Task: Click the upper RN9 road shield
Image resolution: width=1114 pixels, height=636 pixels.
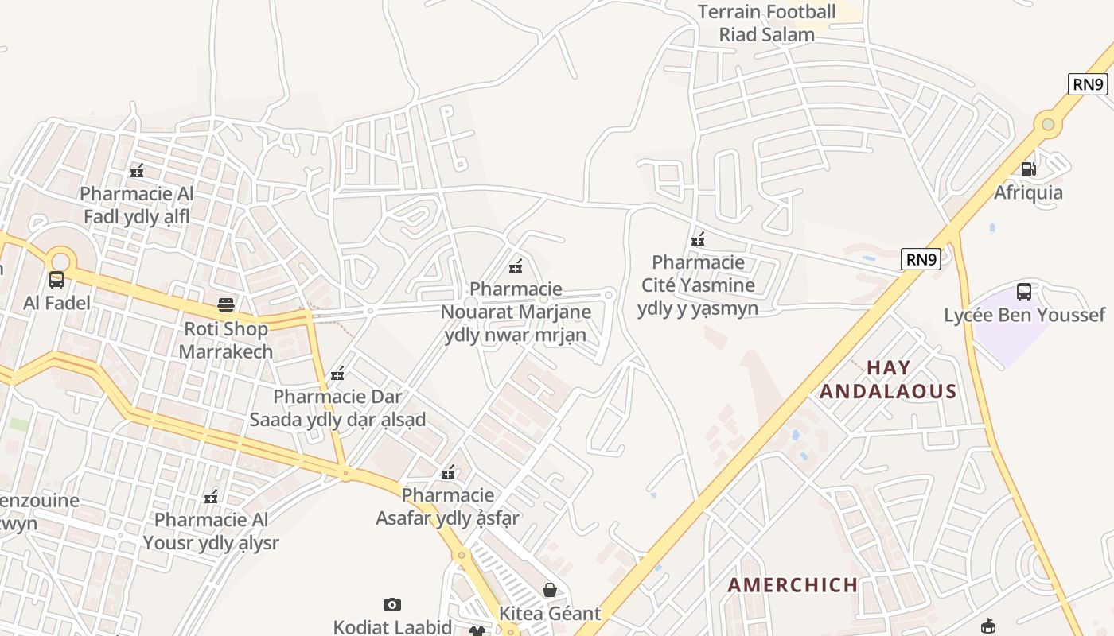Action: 1088,83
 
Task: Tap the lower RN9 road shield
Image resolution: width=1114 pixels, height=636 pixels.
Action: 921,258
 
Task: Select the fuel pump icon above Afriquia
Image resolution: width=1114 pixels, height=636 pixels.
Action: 1028,169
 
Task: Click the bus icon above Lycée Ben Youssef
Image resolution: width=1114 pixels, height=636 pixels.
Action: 1024,292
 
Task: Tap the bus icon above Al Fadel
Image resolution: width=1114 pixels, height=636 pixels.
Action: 56,280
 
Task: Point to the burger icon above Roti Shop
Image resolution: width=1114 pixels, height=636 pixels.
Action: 226,305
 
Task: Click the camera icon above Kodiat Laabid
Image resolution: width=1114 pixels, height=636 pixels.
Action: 392,604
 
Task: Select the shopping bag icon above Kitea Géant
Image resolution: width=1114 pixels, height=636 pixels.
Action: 549,590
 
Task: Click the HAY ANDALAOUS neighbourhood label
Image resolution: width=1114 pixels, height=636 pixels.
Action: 888,379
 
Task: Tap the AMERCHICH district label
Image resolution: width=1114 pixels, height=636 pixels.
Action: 793,585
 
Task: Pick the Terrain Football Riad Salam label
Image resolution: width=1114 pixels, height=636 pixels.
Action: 767,23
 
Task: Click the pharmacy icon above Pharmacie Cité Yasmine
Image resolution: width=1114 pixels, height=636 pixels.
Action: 698,238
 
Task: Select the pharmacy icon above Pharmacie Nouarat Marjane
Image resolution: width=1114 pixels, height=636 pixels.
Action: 516,266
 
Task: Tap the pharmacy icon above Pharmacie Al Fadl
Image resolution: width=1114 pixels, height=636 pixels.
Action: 137,170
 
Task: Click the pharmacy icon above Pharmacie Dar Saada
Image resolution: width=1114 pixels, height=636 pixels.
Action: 337,373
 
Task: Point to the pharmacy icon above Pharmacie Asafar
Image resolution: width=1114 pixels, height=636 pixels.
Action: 448,472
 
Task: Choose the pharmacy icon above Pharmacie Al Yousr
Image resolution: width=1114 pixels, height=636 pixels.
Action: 211,497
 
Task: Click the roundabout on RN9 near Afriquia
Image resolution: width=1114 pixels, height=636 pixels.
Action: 1048,124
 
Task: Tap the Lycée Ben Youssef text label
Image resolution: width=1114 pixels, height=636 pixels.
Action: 1024,315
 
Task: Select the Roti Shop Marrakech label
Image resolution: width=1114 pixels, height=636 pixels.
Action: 226,340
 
